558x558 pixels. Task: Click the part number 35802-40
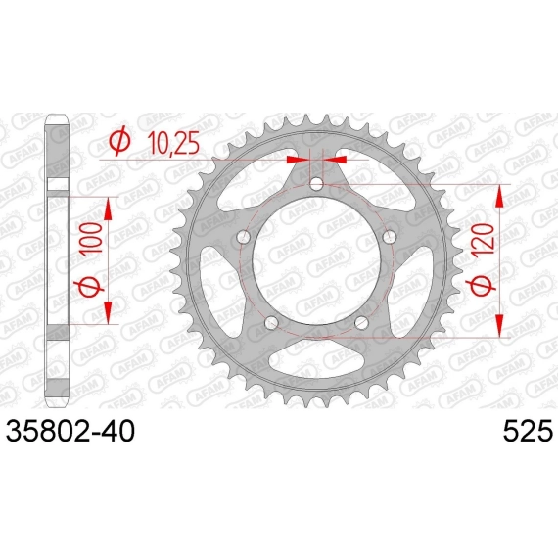tap(70, 431)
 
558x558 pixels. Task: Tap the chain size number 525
tap(528, 431)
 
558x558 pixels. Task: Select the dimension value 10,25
tap(173, 143)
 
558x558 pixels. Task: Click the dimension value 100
tap(91, 239)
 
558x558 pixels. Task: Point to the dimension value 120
tap(484, 239)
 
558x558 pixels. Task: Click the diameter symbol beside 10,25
tap(119, 142)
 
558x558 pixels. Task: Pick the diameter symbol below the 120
tap(483, 285)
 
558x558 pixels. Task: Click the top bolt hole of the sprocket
tap(316, 184)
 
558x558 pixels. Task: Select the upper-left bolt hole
tap(244, 237)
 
